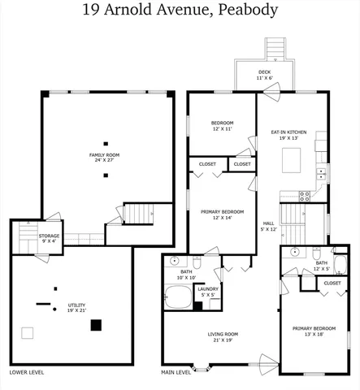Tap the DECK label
tap(264, 74)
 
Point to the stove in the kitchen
tap(306, 195)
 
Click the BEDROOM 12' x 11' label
tap(222, 125)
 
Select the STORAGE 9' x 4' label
tap(48, 237)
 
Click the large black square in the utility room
tap(96, 325)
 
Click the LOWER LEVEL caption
tap(27, 372)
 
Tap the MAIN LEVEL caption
tap(176, 372)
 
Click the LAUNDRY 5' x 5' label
tap(207, 290)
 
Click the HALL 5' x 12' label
tap(268, 226)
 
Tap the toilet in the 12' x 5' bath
tap(315, 255)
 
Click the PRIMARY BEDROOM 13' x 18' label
tap(313, 331)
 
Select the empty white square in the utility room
tap(28, 332)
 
